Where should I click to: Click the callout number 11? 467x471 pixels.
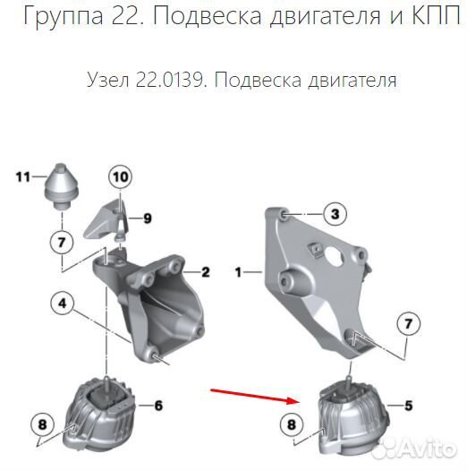click(x=22, y=176)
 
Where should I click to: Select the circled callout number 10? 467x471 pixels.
click(x=120, y=177)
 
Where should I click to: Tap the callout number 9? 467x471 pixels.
click(x=149, y=218)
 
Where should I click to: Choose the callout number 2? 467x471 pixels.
click(x=205, y=272)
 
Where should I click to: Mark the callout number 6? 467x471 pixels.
click(x=157, y=406)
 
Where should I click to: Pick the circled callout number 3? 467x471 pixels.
click(x=333, y=214)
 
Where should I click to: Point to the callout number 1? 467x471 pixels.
click(x=239, y=270)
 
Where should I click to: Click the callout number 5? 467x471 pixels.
click(x=409, y=407)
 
